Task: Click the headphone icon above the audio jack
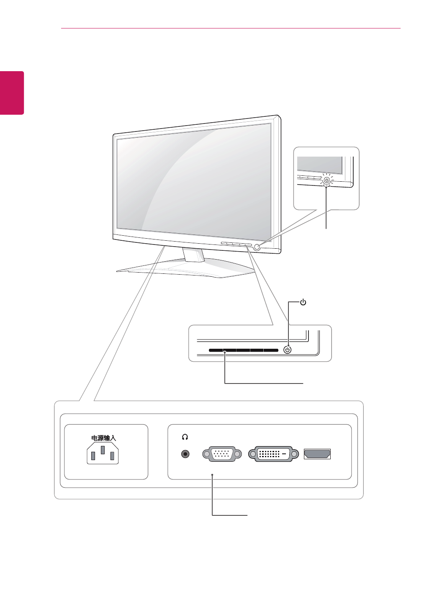coord(185,437)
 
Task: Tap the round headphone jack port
coord(185,454)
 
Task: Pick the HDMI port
coord(317,454)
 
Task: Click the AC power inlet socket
coord(103,454)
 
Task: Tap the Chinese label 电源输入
coord(103,438)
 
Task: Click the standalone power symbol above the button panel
coord(303,302)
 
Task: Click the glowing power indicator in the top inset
coord(327,180)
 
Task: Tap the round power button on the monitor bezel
coord(257,247)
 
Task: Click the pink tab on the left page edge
coord(12,93)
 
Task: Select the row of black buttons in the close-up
coord(244,350)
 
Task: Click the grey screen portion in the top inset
coord(319,165)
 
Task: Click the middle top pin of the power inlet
coord(103,450)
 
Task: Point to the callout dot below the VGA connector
coord(213,475)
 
